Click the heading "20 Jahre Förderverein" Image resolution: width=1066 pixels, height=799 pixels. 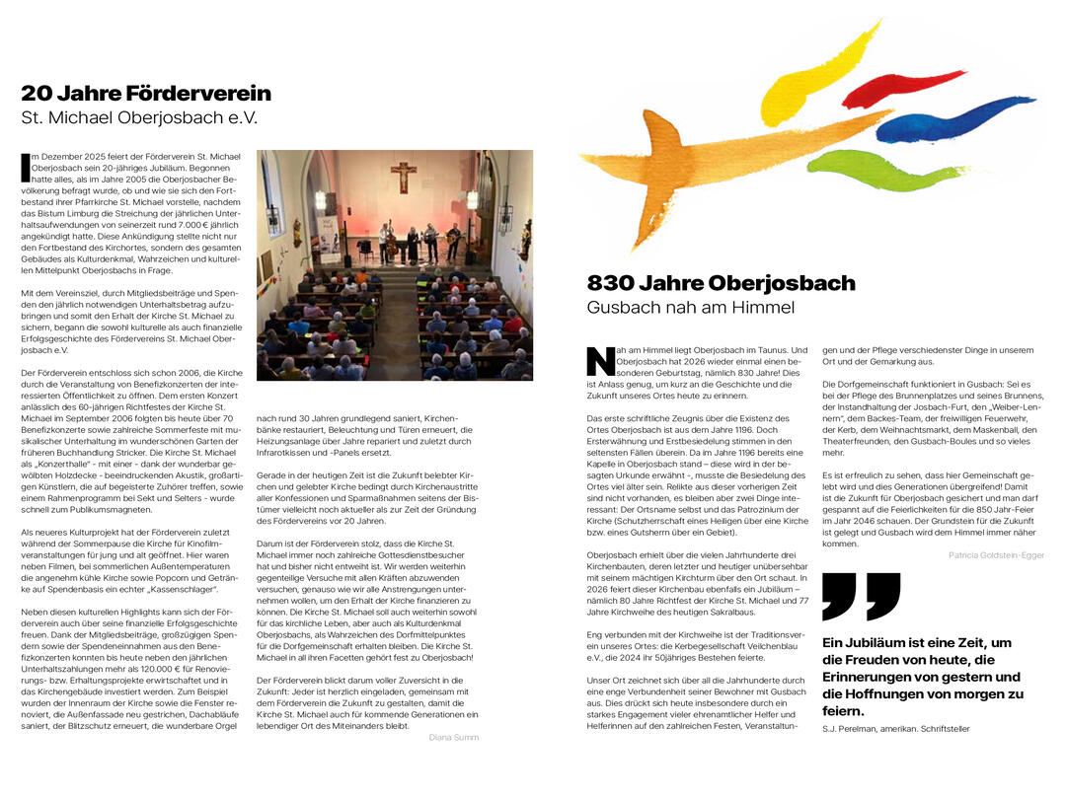[x=146, y=94]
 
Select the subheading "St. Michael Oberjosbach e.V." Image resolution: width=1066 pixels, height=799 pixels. [x=139, y=117]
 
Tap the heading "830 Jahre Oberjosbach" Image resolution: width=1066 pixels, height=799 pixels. [x=721, y=284]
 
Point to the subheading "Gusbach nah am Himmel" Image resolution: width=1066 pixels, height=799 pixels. [x=690, y=308]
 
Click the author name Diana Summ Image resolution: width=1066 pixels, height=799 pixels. [x=454, y=737]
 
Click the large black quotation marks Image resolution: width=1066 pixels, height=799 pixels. [x=861, y=596]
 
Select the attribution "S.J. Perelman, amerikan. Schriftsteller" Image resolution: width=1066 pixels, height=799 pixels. [x=895, y=729]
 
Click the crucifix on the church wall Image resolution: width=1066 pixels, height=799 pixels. [x=403, y=176]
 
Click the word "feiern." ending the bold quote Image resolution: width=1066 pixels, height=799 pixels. [x=843, y=710]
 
